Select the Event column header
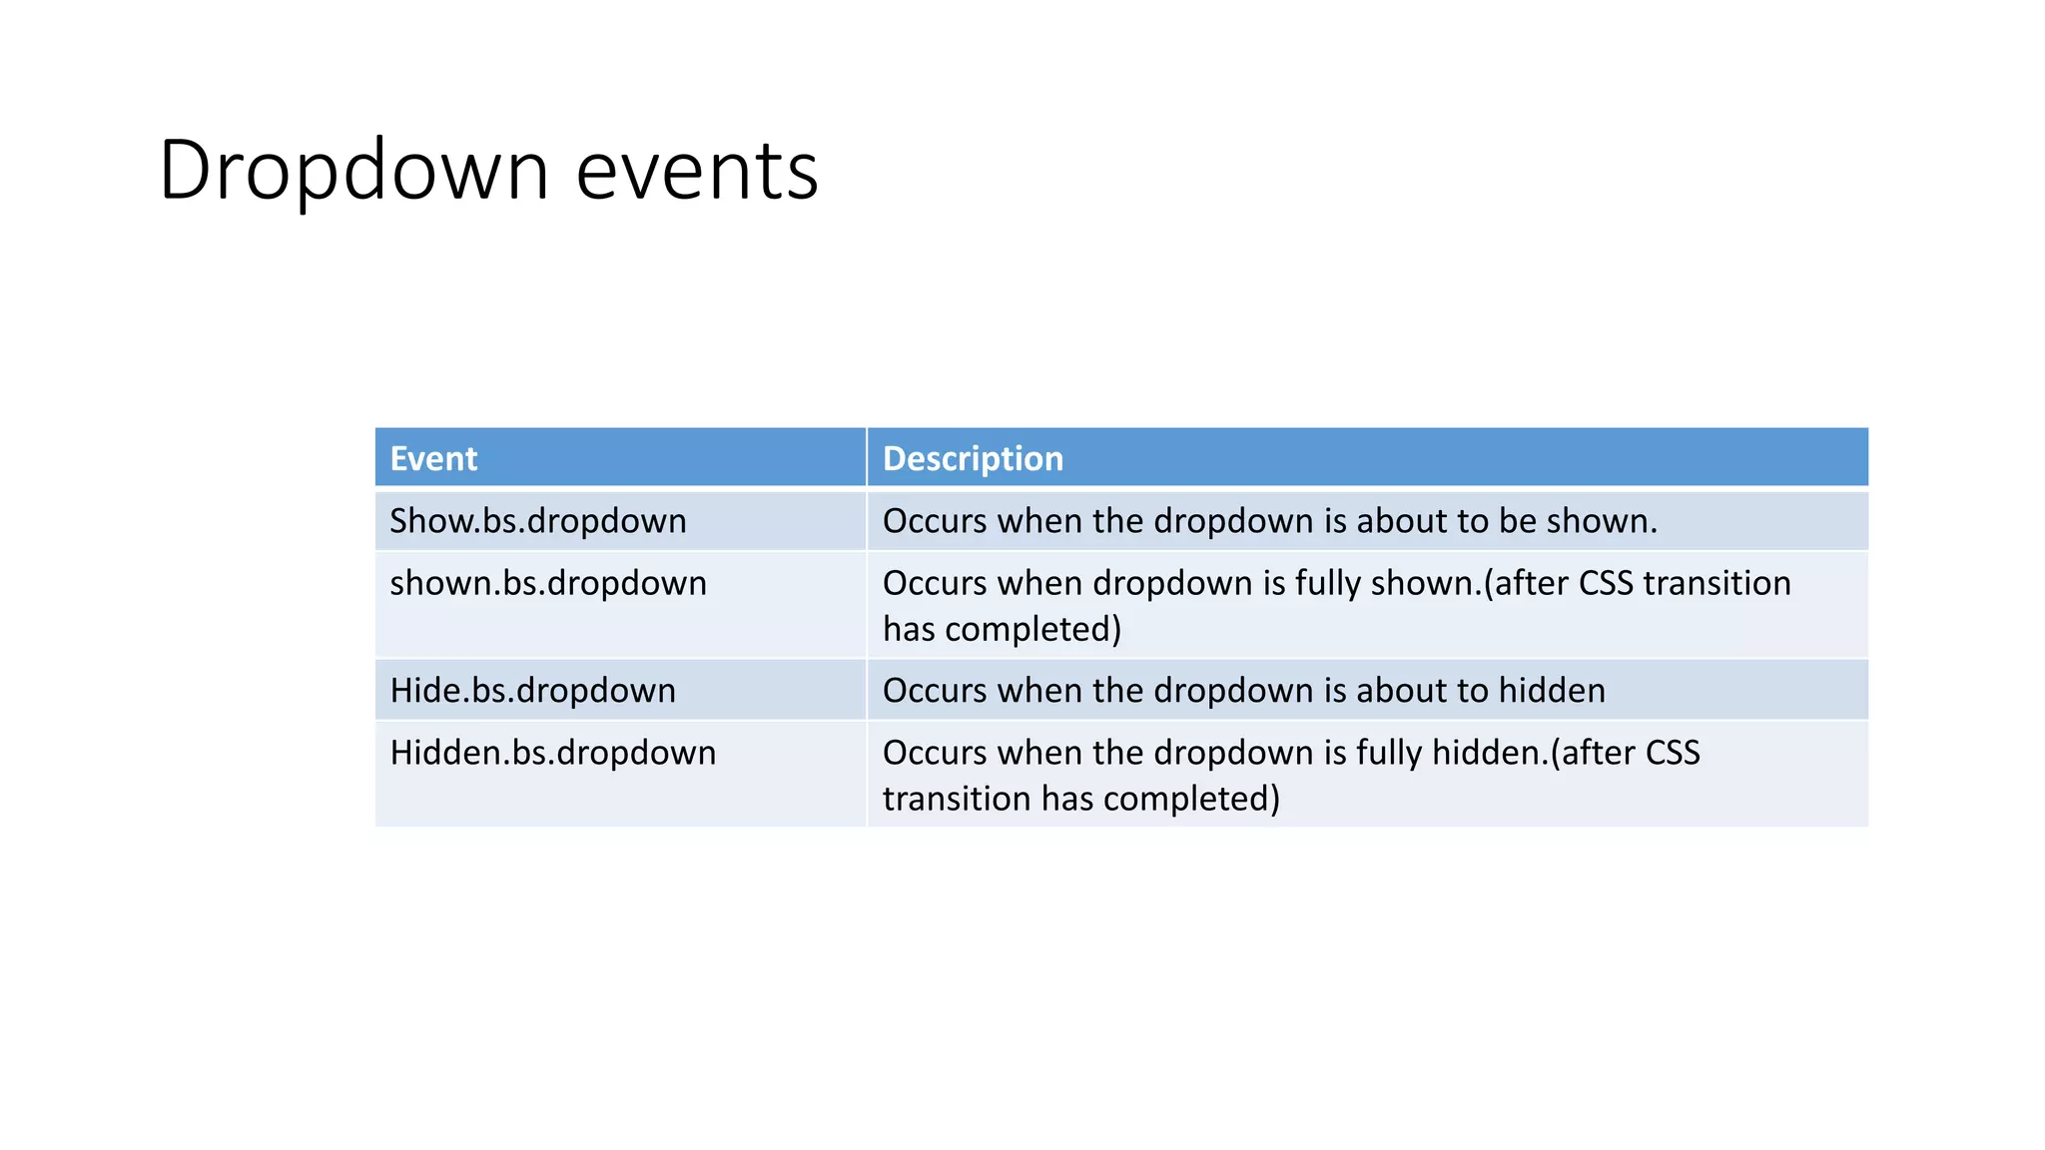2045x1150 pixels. [x=433, y=459]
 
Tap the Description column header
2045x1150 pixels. [x=973, y=459]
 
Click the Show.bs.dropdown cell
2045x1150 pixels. [x=538, y=521]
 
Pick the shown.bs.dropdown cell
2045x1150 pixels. [x=548, y=583]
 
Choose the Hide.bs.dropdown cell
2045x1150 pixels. [x=532, y=691]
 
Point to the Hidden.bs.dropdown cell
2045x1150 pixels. [x=553, y=753]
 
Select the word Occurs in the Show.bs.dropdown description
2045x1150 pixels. [x=935, y=521]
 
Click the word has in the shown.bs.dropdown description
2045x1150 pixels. [x=909, y=630]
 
